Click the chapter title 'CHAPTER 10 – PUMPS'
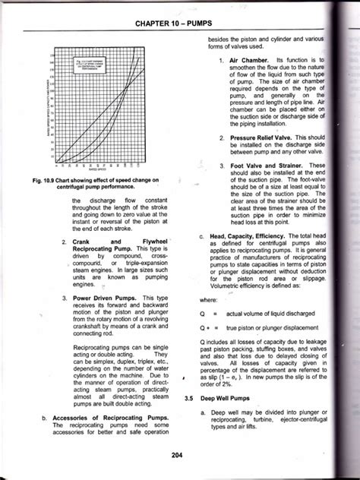coord(179,26)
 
